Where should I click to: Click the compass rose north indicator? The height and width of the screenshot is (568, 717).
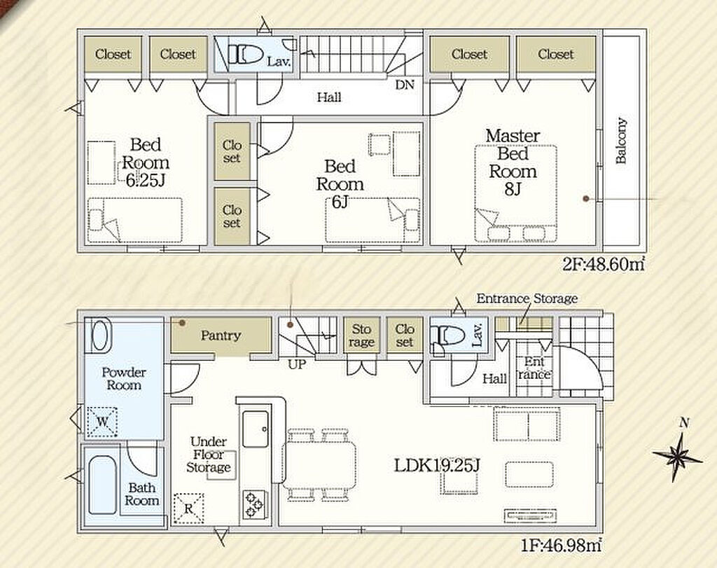678,450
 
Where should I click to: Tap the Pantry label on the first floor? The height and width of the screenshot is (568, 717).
221,335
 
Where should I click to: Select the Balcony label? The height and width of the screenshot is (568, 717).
620,141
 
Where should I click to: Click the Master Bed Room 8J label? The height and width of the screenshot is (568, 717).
513,162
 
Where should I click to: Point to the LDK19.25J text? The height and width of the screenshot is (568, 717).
437,466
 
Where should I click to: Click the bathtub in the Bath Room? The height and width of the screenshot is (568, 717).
102,485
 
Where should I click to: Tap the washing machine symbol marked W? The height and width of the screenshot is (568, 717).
102,422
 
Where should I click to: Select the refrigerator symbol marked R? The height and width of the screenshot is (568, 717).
188,508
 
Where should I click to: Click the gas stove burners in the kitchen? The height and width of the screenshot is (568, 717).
253,504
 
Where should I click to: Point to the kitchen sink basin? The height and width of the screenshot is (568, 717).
255,429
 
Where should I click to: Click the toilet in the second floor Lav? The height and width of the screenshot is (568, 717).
245,55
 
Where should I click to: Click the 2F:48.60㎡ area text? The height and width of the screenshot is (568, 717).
603,265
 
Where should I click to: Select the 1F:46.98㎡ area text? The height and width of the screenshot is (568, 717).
560,545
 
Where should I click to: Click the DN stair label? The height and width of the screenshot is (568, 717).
405,85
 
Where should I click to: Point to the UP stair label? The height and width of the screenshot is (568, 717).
297,364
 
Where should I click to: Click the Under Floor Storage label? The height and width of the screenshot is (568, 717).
208,455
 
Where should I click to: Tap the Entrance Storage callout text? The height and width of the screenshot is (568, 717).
527,298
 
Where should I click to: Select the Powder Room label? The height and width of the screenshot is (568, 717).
123,379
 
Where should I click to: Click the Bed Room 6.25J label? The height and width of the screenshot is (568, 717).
146,162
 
